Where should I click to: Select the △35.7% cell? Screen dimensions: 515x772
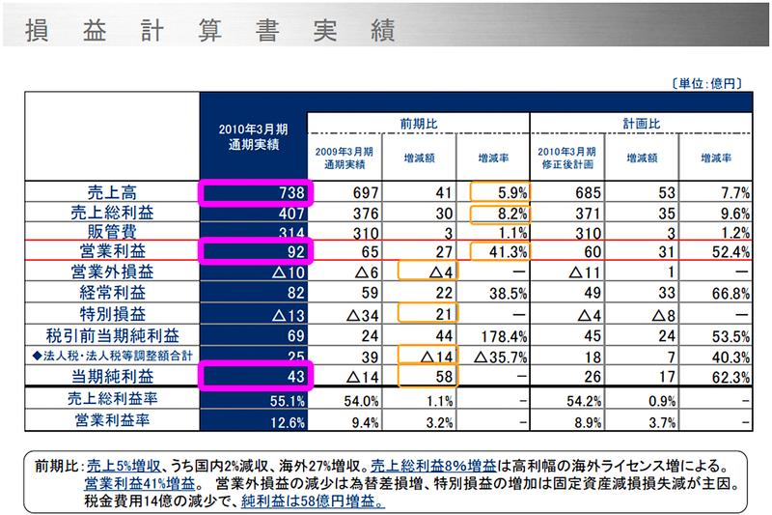click(502, 354)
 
